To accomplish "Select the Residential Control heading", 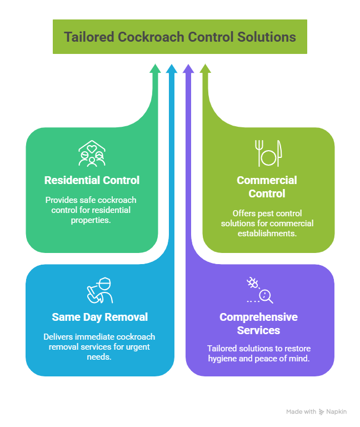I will [92, 180].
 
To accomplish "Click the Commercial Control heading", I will [267, 187].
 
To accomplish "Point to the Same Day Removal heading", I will [99, 317].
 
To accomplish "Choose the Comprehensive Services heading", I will [258, 323].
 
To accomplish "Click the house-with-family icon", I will [92, 153].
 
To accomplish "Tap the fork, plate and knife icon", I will [268, 153].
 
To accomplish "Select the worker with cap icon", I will [99, 290].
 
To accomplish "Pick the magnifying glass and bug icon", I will [259, 290].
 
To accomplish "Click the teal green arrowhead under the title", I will [156, 69].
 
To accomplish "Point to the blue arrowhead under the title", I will [172, 69].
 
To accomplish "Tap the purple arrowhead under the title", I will [188, 69].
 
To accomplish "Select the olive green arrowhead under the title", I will [205, 69].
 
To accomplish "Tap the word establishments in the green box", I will [268, 234].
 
